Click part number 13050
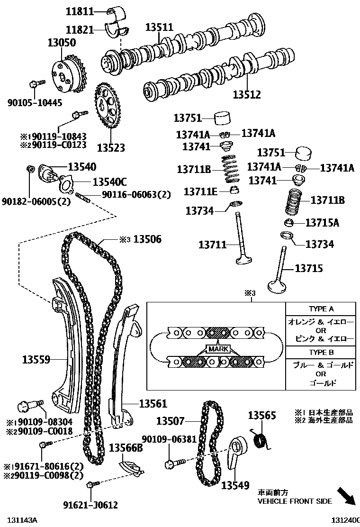[61, 43]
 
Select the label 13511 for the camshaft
[159, 27]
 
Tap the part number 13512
[246, 94]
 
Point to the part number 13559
[36, 360]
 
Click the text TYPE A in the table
[321, 309]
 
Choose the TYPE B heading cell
[321, 353]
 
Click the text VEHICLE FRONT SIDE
[294, 501]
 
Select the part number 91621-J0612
[90, 505]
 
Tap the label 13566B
[126, 448]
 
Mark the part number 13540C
[109, 182]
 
